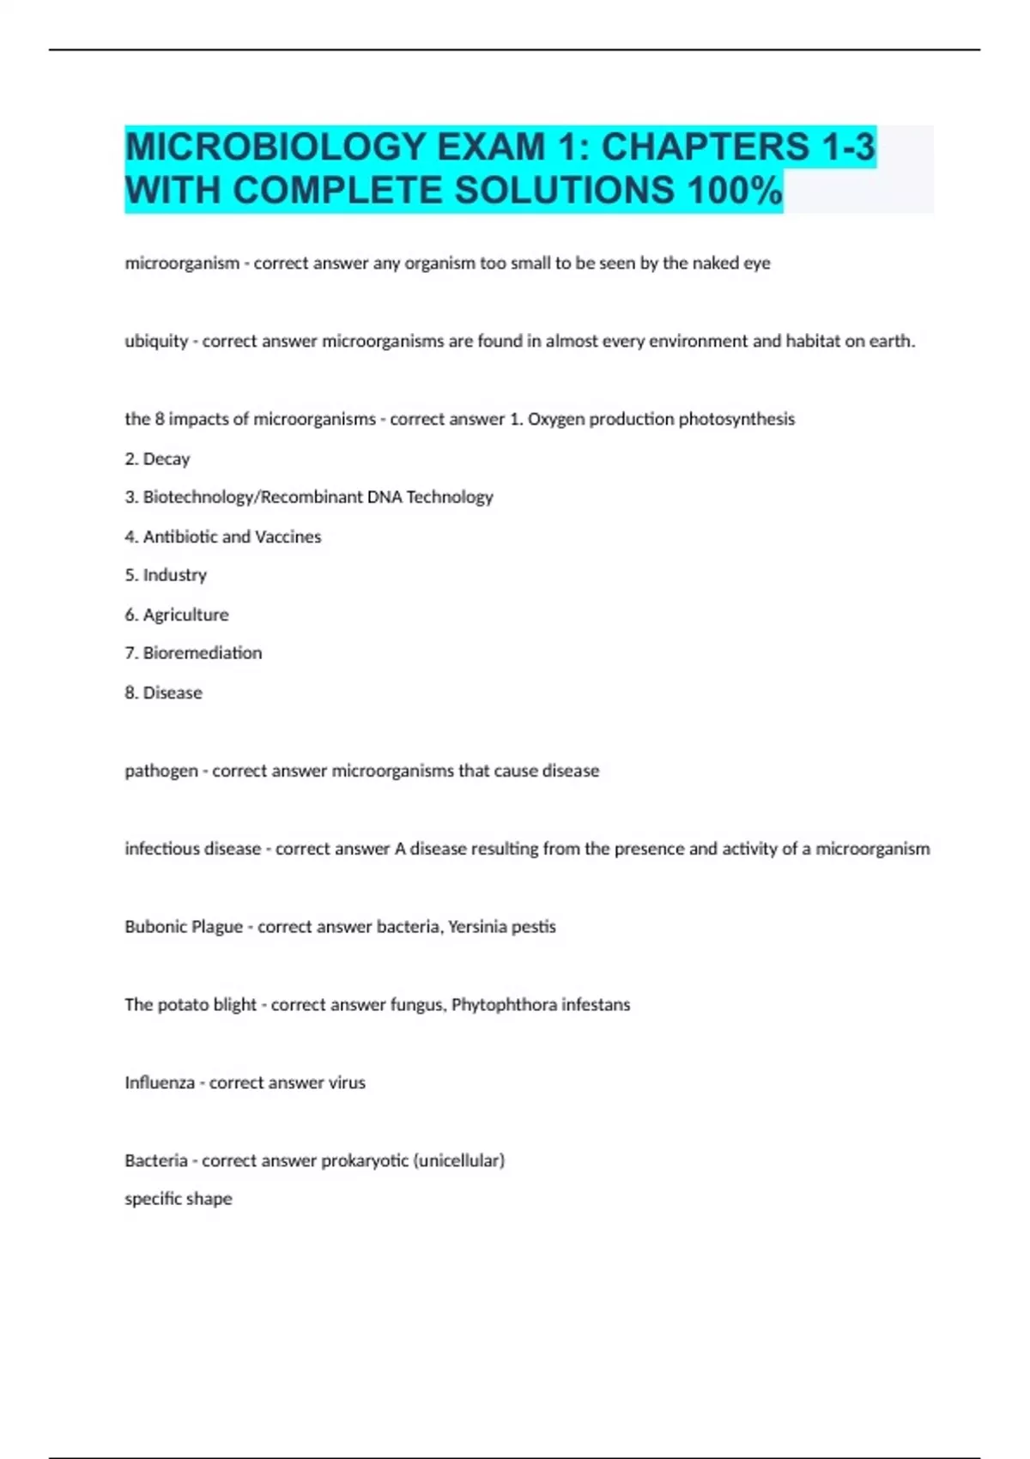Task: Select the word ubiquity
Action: [156, 342]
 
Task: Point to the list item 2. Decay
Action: [157, 459]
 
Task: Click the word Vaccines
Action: [288, 536]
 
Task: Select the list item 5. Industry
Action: [166, 575]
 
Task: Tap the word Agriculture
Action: [185, 614]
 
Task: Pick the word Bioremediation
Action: [202, 653]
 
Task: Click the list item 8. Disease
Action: [163, 693]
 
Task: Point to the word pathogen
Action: [161, 771]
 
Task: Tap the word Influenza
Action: [160, 1083]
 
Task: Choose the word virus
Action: [347, 1083]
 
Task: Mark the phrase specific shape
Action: [179, 1199]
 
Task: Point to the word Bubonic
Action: [154, 927]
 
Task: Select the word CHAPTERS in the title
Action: [705, 147]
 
